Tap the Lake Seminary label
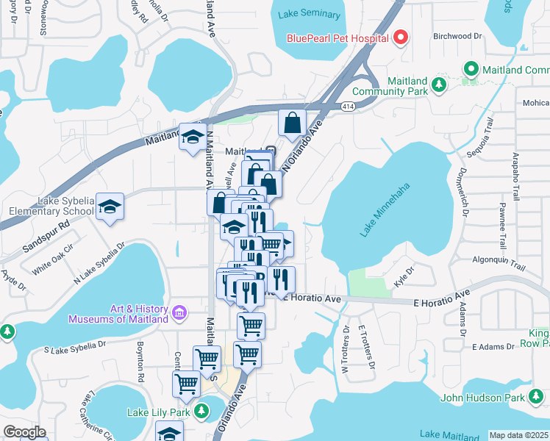point(310,15)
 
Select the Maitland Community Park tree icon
point(439,85)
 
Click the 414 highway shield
point(349,107)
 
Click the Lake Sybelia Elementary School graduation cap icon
point(110,208)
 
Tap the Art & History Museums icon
point(177,313)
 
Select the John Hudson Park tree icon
point(536,398)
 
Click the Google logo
point(24,431)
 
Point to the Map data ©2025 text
point(518,435)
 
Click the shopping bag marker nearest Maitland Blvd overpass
point(292,123)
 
